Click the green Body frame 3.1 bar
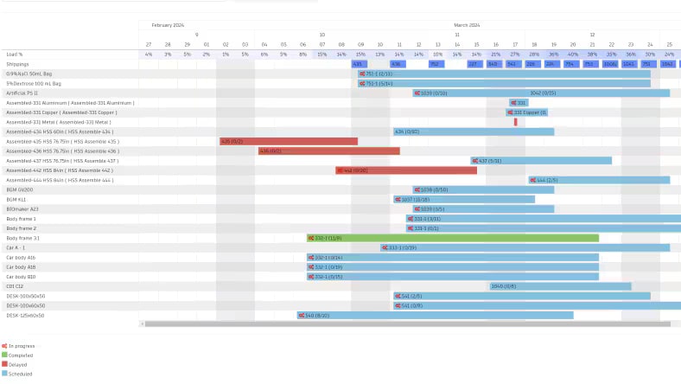(x=453, y=238)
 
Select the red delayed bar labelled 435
(x=288, y=141)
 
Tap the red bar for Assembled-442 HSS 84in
(x=406, y=170)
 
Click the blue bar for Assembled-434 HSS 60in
(x=473, y=131)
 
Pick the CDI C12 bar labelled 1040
(x=559, y=286)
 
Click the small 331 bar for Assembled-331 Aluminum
(x=518, y=103)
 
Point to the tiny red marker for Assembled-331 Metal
(x=516, y=122)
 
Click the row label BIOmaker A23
(x=22, y=208)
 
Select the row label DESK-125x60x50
(x=25, y=316)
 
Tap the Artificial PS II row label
(x=22, y=93)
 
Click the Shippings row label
(x=17, y=64)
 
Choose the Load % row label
(x=15, y=54)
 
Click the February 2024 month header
(x=168, y=25)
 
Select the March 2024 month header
(x=467, y=25)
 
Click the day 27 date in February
(x=149, y=44)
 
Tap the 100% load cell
(x=610, y=64)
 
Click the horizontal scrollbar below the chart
(x=406, y=324)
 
